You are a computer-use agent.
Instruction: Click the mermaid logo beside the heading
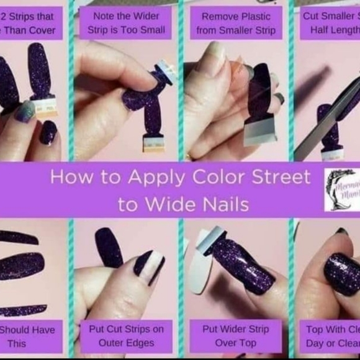342,189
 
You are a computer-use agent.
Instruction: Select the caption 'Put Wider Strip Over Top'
236,336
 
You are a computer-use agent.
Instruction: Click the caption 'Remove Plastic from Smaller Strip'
236,22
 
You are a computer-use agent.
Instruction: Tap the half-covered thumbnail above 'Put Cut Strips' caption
148,266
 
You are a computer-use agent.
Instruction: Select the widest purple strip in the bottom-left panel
21,266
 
